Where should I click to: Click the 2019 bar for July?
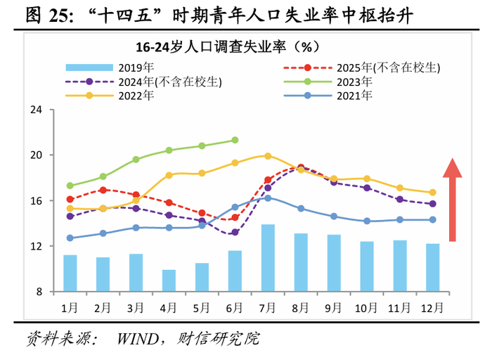268,258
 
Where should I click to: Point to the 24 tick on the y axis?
37,110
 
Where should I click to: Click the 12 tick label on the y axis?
37,246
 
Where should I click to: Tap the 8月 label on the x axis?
301,308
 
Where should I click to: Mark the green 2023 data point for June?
235,140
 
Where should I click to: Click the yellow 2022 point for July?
268,156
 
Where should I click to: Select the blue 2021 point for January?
70,238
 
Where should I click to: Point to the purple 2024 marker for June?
235,232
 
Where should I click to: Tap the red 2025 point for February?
103,190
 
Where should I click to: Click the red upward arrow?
453,200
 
